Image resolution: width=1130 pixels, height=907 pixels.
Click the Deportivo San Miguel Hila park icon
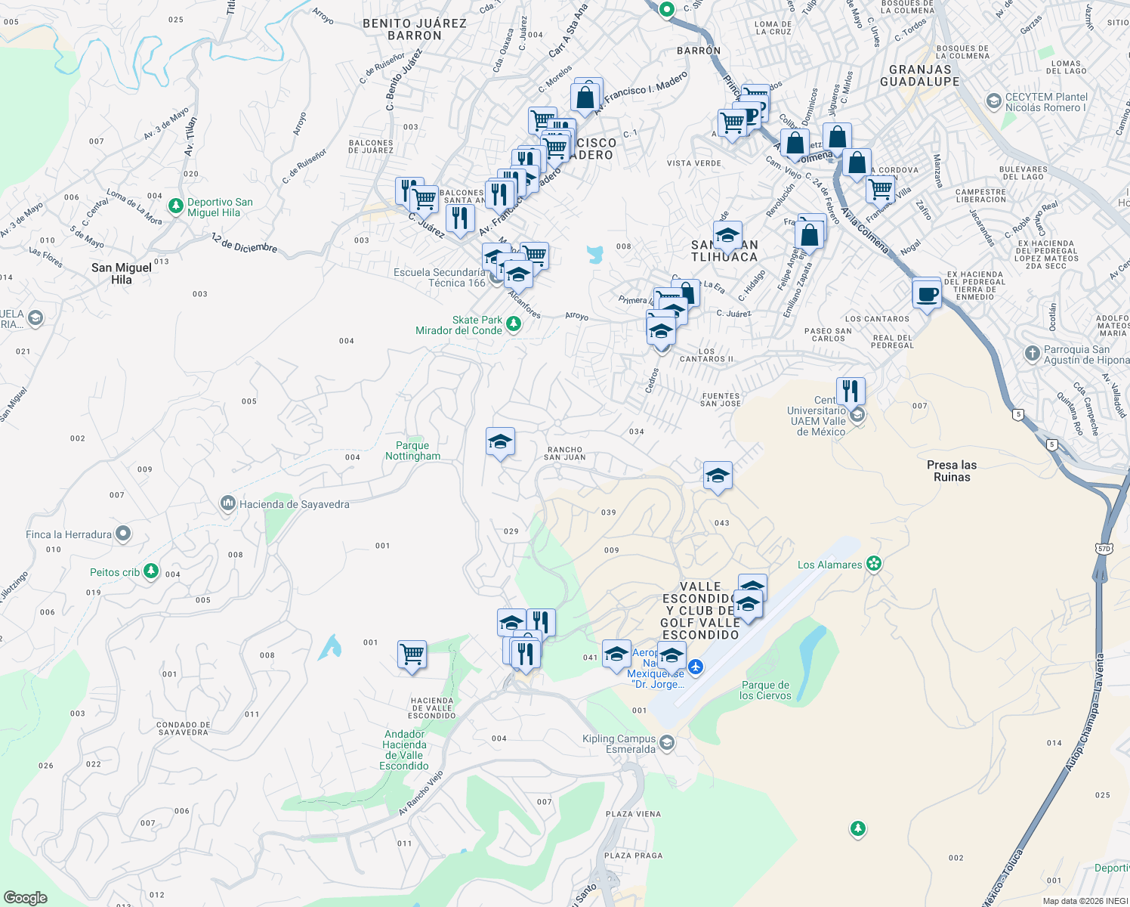click(176, 206)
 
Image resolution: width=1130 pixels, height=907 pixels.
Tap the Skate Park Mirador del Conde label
click(458, 325)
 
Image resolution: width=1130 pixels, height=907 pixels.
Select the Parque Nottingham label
click(412, 451)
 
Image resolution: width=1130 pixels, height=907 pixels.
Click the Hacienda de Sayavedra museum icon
click(227, 503)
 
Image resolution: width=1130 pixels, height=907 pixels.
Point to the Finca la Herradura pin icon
click(122, 534)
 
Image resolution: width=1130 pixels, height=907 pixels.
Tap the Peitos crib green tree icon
click(151, 571)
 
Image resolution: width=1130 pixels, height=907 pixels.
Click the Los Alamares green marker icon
click(874, 564)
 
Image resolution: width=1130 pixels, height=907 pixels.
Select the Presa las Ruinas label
click(951, 471)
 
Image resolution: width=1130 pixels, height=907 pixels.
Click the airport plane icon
click(696, 667)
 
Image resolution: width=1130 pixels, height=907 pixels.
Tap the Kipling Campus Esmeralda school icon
click(666, 743)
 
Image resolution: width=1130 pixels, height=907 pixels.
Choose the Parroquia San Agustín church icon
click(1032, 354)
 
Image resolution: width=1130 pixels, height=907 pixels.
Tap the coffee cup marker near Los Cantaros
click(926, 293)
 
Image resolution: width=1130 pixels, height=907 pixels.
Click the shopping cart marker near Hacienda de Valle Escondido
click(412, 654)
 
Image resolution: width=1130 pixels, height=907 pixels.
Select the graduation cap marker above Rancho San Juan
click(500, 441)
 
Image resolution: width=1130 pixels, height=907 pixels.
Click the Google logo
click(26, 898)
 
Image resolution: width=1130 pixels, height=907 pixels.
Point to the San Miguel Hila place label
click(122, 274)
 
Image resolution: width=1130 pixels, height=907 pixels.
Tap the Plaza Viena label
click(633, 814)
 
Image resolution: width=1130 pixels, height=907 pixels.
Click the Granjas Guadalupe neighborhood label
click(919, 76)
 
